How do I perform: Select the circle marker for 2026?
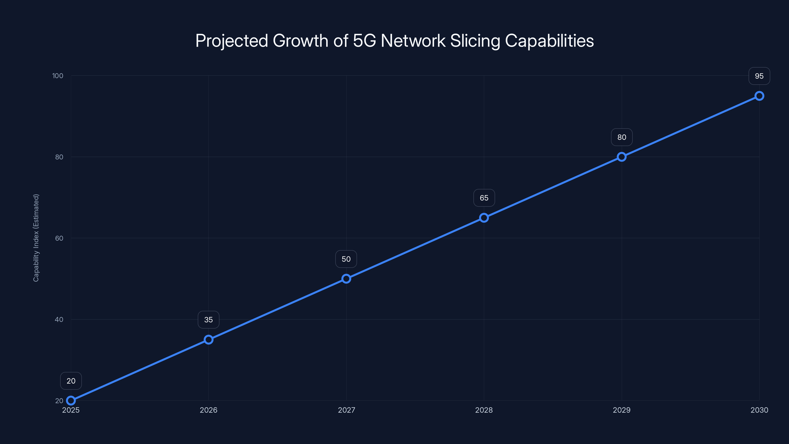[x=209, y=339]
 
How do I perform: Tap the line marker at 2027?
[x=346, y=278]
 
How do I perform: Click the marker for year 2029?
[x=621, y=157]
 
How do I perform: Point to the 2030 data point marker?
[x=759, y=96]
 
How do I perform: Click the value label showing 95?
[x=759, y=76]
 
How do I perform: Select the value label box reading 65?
[x=484, y=198]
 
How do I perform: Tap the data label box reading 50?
[x=346, y=259]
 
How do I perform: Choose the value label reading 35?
[x=209, y=320]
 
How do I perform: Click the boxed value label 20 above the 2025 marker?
[x=71, y=381]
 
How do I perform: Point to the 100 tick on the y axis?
[x=58, y=76]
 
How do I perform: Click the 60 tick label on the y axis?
[x=59, y=238]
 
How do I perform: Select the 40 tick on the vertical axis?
[x=59, y=319]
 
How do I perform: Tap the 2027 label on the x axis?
[x=346, y=410]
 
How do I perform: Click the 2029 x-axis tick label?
[x=621, y=410]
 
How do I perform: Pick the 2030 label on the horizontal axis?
[x=759, y=410]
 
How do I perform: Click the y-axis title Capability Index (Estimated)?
[x=36, y=238]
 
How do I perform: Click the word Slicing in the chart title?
[x=475, y=41]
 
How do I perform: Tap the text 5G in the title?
[x=364, y=41]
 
